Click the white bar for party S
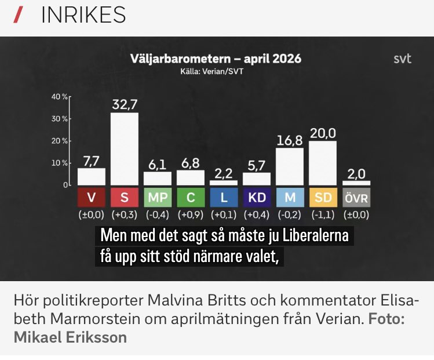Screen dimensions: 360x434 tap(125, 148)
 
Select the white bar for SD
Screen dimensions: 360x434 tap(323, 163)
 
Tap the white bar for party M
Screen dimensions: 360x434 tap(290, 166)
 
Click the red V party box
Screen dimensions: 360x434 tap(92, 197)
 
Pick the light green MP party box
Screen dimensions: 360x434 tap(158, 197)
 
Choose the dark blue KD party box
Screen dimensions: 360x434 tap(257, 197)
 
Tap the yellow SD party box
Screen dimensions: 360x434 tap(323, 197)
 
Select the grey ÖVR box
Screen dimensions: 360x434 tap(356, 197)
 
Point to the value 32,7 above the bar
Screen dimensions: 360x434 tap(125, 104)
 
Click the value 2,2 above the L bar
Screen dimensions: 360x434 tap(224, 173)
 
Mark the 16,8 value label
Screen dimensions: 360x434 tap(290, 140)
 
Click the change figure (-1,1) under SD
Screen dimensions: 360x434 tap(323, 214)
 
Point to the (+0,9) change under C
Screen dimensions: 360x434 tap(191, 214)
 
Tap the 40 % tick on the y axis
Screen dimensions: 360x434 tap(60, 96)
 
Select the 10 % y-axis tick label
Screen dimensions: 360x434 tap(60, 163)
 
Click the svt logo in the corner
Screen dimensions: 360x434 tap(402, 59)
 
